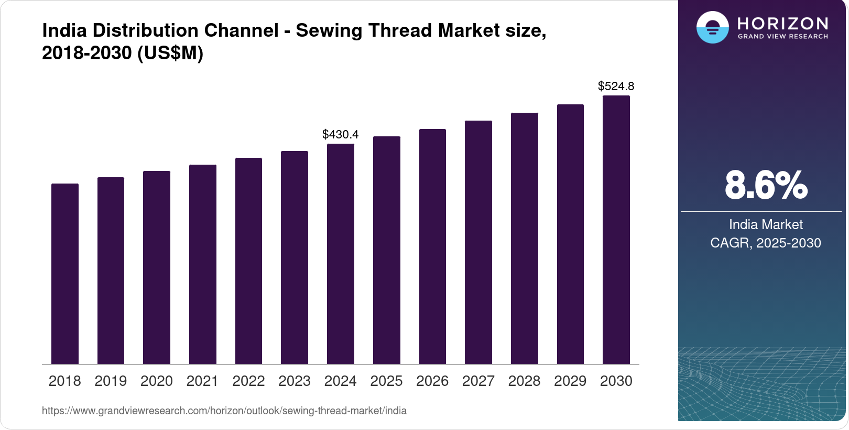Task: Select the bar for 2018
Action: [x=65, y=274]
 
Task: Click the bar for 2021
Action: [x=203, y=264]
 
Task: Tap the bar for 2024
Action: [x=341, y=254]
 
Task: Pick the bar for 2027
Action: [x=478, y=242]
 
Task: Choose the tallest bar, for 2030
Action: [x=616, y=230]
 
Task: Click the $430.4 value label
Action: [x=340, y=134]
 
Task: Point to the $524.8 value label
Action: [x=616, y=86]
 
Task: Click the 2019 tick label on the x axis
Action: [x=111, y=381]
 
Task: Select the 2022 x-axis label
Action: [x=248, y=381]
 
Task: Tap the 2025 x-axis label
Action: [x=386, y=381]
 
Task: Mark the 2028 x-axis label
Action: [x=524, y=381]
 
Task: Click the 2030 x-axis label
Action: [x=616, y=381]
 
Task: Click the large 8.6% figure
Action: [x=766, y=185]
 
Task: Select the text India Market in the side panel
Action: [x=766, y=224]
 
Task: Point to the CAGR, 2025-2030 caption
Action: [x=766, y=243]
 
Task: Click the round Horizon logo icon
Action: [x=712, y=27]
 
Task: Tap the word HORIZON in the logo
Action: [x=782, y=23]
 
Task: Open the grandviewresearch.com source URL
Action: [x=224, y=411]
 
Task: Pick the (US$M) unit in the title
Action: [x=170, y=53]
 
